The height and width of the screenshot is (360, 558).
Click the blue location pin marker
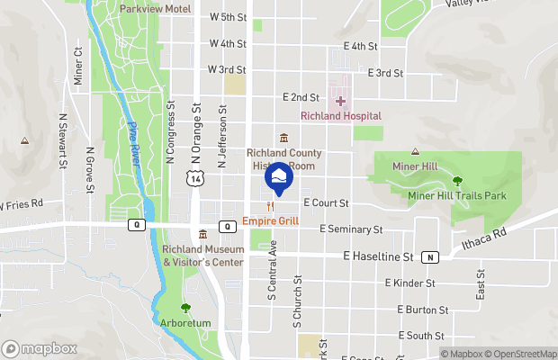click(277, 176)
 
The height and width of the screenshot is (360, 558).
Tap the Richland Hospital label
click(340, 116)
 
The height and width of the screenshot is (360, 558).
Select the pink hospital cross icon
click(340, 102)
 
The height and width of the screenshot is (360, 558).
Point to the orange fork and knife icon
click(269, 206)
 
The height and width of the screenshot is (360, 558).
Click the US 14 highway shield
click(196, 180)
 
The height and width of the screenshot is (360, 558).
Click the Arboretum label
click(186, 322)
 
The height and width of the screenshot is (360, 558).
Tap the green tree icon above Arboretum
click(186, 308)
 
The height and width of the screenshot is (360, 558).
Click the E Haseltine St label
click(378, 256)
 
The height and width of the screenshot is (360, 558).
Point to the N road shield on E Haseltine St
click(431, 256)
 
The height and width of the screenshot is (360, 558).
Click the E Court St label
click(326, 203)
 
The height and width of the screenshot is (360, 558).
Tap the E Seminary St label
click(353, 229)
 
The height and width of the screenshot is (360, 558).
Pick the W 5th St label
click(228, 17)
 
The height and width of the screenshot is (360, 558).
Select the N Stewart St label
click(63, 140)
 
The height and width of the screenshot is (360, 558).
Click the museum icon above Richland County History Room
click(283, 138)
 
